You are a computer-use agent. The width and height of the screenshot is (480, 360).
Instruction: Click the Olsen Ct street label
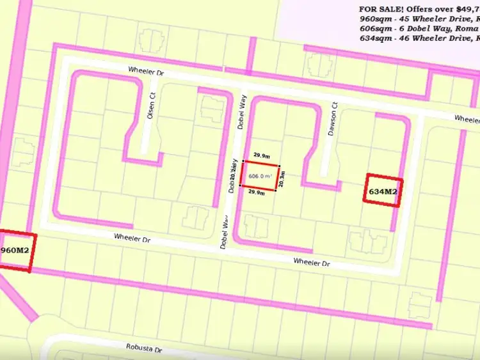[x=151, y=106]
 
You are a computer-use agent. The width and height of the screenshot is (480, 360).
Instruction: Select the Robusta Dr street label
[x=144, y=348]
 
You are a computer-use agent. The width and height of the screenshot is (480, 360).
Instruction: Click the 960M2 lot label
[x=15, y=249]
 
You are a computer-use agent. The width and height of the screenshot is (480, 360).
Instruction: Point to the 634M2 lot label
[x=383, y=191]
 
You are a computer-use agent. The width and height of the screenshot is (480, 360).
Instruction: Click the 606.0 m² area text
[x=260, y=176]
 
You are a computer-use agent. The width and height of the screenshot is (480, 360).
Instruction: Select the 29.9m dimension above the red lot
[x=261, y=155]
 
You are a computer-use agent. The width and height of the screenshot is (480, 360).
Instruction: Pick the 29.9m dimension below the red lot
[x=257, y=192]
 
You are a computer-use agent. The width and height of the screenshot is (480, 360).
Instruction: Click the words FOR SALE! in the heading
[x=382, y=9]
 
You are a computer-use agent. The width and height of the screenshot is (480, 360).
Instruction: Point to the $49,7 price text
[x=467, y=9]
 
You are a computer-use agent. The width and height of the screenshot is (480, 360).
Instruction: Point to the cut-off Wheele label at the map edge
[x=467, y=119]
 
